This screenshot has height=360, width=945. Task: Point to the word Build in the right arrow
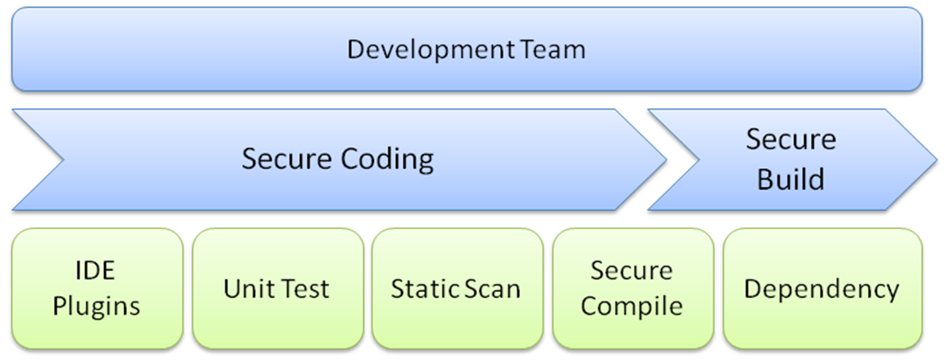(791, 179)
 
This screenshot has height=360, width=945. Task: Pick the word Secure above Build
(791, 140)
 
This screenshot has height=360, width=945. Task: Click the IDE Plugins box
(97, 288)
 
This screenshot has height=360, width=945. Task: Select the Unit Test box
(278, 288)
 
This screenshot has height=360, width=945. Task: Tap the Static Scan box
(457, 288)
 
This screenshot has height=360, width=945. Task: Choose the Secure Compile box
(633, 288)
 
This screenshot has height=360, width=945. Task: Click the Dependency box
(823, 288)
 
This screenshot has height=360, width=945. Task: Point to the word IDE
(96, 270)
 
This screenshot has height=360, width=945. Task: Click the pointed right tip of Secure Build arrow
(936, 160)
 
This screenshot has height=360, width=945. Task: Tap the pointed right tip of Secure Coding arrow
(666, 160)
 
